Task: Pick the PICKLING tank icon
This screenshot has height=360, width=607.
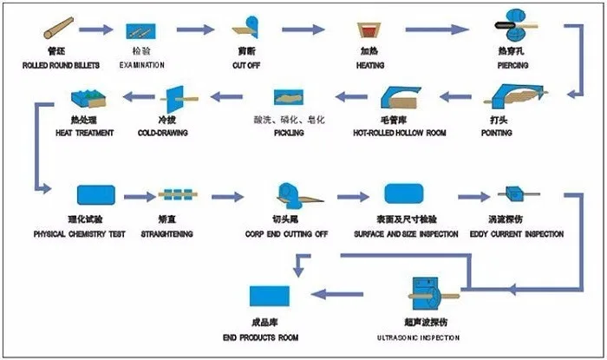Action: (288, 98)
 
